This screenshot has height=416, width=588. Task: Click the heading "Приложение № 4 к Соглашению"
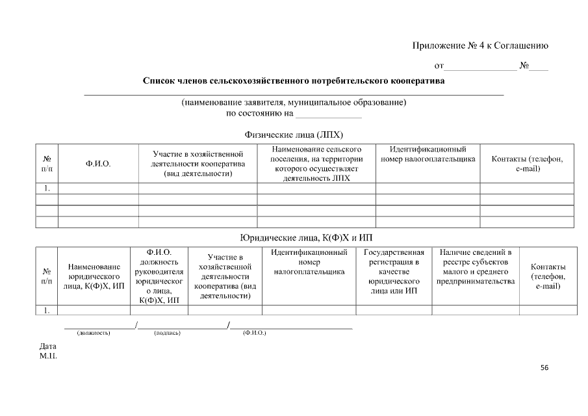tap(480, 45)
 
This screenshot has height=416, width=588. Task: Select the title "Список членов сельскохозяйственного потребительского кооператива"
tap(294, 82)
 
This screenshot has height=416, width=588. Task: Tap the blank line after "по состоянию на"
tap(328, 114)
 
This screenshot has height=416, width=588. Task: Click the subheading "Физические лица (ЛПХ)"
tap(293, 135)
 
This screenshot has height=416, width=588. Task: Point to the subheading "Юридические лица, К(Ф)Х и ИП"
tap(306, 237)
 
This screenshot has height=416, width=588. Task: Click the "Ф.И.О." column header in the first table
tap(98, 164)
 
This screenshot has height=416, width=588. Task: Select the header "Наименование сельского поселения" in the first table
tap(316, 164)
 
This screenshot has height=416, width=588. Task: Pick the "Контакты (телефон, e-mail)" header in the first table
tap(527, 164)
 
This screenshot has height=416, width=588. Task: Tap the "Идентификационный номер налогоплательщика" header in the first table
tap(428, 154)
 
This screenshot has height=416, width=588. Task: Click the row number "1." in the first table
tap(47, 188)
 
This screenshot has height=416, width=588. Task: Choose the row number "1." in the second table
tap(47, 311)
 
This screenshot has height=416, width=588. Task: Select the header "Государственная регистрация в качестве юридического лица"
tap(394, 272)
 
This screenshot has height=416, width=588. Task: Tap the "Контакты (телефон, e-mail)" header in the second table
tap(548, 276)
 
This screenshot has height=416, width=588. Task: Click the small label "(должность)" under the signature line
tap(94, 333)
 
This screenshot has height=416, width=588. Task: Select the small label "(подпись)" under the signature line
tap(167, 333)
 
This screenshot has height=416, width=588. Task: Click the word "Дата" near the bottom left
tap(48, 346)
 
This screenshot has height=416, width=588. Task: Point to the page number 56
tap(544, 368)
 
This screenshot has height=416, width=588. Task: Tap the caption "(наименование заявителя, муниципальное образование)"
tap(294, 103)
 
